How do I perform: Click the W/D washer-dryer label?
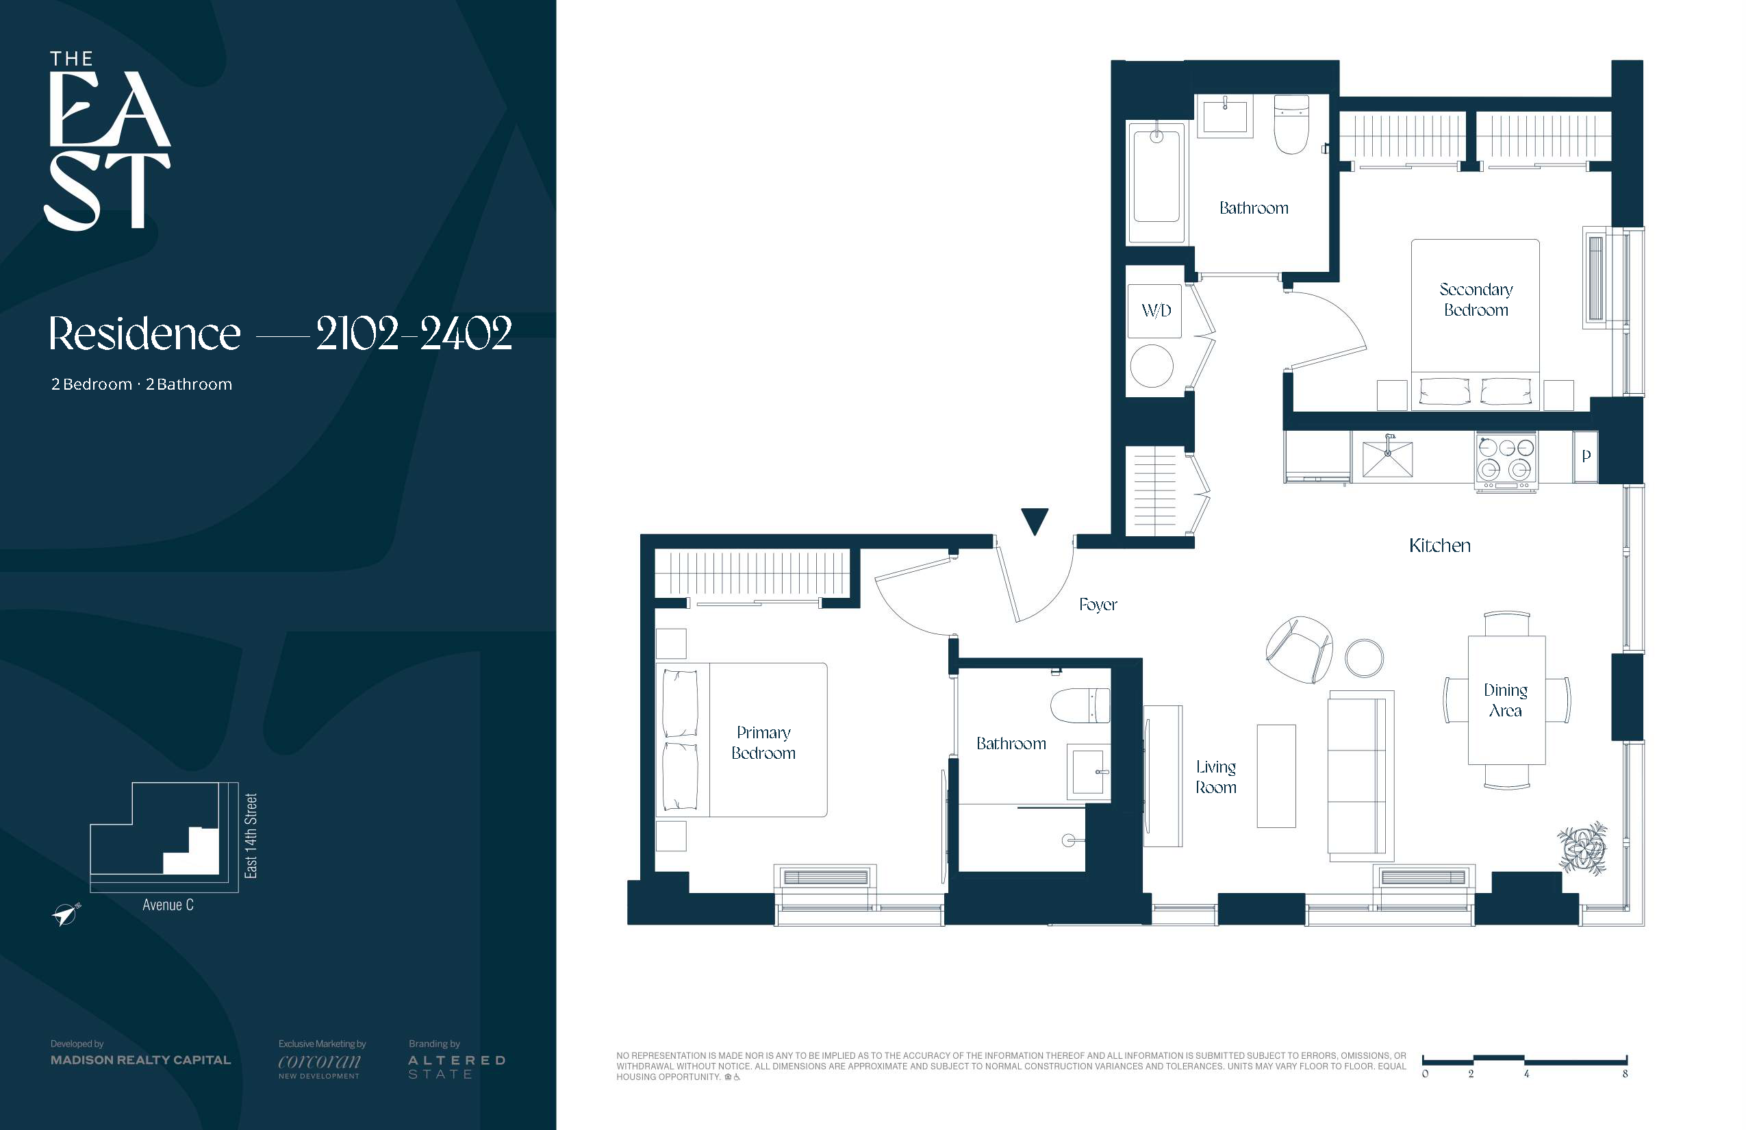click(1156, 310)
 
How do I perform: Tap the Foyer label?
click(1098, 605)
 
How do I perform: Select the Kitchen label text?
click(1439, 545)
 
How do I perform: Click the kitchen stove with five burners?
click(1506, 462)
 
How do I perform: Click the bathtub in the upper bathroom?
click(1156, 182)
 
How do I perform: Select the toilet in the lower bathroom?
click(1080, 706)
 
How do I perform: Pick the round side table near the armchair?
click(1364, 657)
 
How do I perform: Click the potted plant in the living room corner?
click(1583, 849)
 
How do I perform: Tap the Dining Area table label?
click(1506, 700)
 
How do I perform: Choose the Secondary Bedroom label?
click(1476, 299)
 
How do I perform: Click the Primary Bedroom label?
click(763, 742)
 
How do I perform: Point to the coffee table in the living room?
click(1276, 777)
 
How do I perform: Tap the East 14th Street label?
click(251, 836)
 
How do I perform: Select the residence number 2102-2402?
click(414, 334)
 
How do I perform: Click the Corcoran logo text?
click(320, 1062)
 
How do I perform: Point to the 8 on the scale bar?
click(1625, 1075)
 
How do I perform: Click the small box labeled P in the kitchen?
click(1586, 456)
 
